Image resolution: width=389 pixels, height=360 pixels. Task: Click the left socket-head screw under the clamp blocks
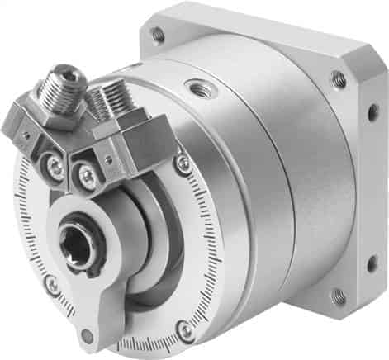[x=56, y=168]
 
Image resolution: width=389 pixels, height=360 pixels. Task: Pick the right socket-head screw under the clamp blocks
[x=86, y=175]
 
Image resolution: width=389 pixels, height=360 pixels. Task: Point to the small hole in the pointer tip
[x=87, y=335]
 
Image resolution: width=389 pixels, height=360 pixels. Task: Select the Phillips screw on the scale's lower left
[x=52, y=285]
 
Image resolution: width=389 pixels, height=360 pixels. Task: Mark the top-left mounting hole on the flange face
[x=157, y=35]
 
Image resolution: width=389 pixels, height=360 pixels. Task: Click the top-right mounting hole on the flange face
[x=338, y=79]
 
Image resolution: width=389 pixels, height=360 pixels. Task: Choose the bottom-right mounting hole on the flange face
[x=339, y=296]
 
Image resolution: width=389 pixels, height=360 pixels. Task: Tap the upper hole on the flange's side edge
[x=372, y=111]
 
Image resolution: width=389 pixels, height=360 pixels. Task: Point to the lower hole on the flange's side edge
[x=372, y=263]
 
